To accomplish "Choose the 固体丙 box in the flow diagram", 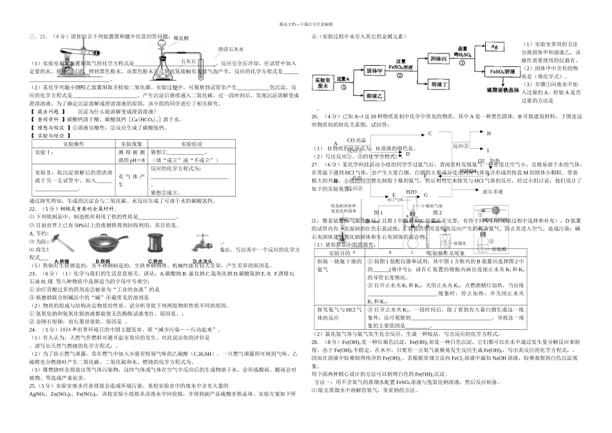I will [438, 59].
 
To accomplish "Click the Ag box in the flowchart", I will [495, 47].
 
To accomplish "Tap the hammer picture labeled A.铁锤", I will [65, 247].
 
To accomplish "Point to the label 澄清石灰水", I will [231, 49].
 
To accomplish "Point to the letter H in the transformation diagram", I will [488, 133].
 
